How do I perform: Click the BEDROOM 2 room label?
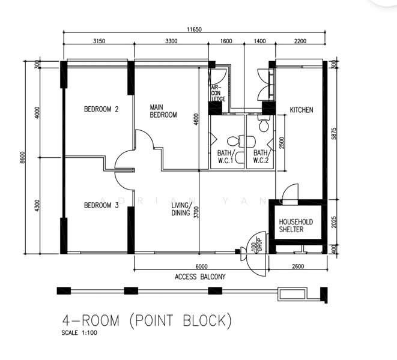click(101, 109)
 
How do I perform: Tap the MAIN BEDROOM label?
click(163, 111)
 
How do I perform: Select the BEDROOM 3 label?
click(101, 206)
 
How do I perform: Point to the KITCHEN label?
click(302, 110)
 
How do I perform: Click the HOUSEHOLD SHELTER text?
click(295, 226)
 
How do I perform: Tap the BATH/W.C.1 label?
click(226, 157)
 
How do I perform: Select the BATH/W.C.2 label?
click(260, 157)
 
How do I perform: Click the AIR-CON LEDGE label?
click(217, 93)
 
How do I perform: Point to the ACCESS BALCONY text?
click(200, 277)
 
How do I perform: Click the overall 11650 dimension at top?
click(194, 29)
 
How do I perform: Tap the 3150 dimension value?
click(99, 41)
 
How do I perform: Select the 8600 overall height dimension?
click(23, 157)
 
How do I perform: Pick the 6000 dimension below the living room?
click(201, 266)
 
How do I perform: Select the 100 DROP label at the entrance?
click(255, 245)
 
